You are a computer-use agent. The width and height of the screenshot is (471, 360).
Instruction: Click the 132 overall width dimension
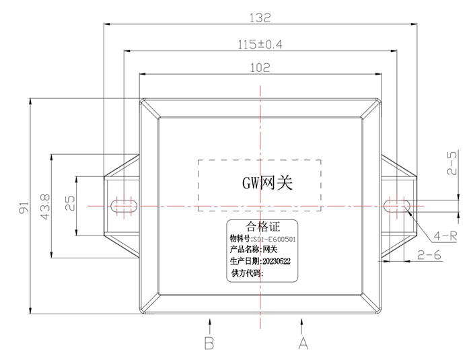pos(260,17)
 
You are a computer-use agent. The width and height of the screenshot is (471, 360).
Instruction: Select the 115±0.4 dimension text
pos(260,45)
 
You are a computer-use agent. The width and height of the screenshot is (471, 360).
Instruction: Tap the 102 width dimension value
pos(260,67)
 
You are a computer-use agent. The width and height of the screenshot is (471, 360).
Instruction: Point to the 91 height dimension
pos(24,207)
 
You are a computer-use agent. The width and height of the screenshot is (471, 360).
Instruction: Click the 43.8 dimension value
pos(45,207)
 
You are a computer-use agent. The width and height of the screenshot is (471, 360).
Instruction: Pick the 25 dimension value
pos(70,203)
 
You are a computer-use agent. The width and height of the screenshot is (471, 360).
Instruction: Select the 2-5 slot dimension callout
pos(451,163)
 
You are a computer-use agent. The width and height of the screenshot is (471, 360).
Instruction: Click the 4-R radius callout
pos(445,236)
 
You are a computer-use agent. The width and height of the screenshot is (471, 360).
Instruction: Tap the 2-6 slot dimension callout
pos(429,255)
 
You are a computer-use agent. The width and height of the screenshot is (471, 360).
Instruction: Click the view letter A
pos(303,343)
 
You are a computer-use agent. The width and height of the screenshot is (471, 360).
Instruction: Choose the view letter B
pos(209,343)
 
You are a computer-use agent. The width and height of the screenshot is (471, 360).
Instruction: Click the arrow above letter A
pos(301,326)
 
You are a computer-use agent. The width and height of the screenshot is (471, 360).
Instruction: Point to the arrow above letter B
pos(210,326)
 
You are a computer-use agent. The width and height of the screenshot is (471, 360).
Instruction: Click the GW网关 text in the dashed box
pos(267,182)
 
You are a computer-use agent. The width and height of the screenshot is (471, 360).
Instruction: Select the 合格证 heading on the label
pos(262,226)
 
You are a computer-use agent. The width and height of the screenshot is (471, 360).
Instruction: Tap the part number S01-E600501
pos(275,239)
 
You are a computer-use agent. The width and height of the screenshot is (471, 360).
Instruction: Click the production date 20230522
pos(277,262)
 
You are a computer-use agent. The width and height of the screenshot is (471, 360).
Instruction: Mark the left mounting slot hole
pos(124,206)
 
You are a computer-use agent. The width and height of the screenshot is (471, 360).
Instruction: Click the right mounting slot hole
pos(397,206)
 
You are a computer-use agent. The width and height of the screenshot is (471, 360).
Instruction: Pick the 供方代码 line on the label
pos(247,273)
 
